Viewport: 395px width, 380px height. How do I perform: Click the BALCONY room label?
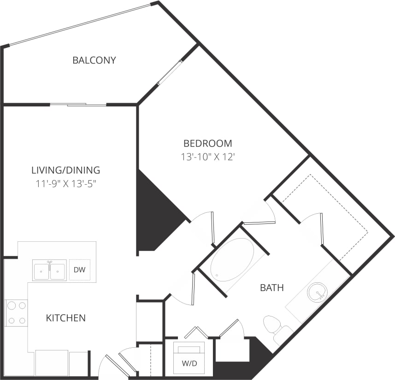(94, 60)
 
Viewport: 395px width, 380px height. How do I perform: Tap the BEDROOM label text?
(207, 143)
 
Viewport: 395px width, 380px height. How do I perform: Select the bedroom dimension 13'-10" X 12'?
(207, 157)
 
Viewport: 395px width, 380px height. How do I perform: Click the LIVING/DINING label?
(65, 170)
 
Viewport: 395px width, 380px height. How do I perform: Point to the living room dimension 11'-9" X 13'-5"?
(65, 183)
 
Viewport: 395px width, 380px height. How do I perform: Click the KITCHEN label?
(65, 318)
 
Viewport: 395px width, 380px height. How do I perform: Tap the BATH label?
(271, 288)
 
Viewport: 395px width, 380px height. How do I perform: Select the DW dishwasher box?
(79, 270)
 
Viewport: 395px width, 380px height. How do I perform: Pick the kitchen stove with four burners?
(16, 313)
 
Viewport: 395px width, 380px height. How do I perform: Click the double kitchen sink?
(49, 270)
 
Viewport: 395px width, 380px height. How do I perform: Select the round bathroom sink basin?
(317, 291)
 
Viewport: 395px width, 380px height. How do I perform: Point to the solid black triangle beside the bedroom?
(154, 216)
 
